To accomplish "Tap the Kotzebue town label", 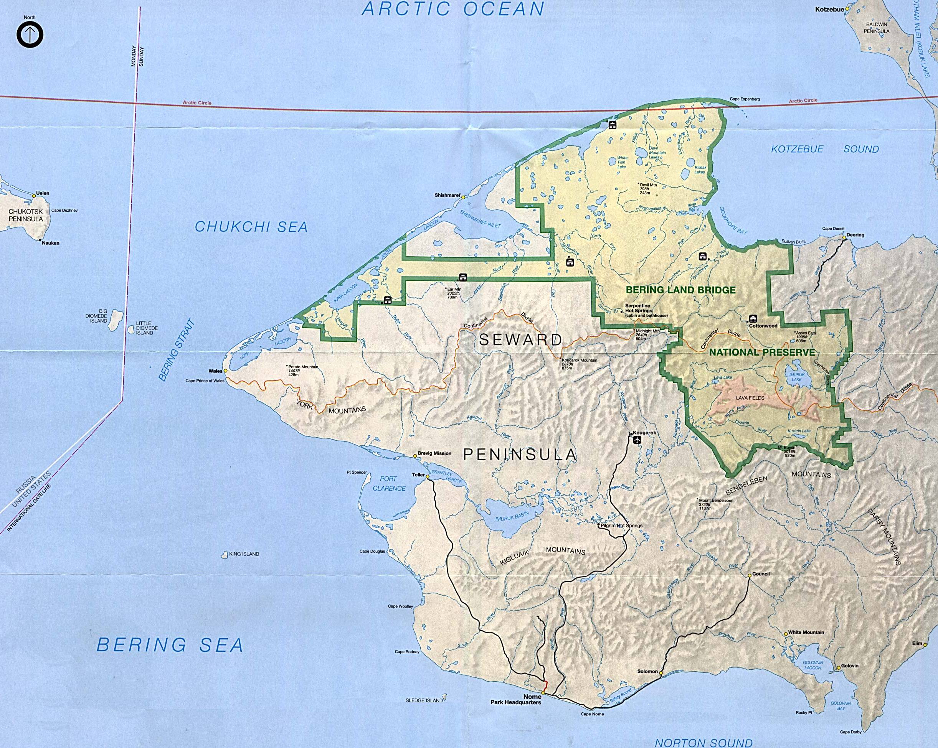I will (829, 9).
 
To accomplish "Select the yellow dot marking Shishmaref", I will (464, 197).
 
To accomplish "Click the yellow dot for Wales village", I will (225, 371).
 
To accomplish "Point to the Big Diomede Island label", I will (97, 316).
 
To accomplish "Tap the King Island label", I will (244, 554).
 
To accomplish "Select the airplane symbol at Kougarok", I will (638, 440).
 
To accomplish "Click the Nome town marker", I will (543, 692).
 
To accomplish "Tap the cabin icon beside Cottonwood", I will (753, 318).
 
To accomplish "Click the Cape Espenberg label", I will (745, 99).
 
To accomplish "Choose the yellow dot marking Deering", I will (844, 238).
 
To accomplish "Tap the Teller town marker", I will (428, 477).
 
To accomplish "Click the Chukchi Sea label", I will (251, 227).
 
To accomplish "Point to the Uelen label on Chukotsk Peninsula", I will (43, 193).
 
